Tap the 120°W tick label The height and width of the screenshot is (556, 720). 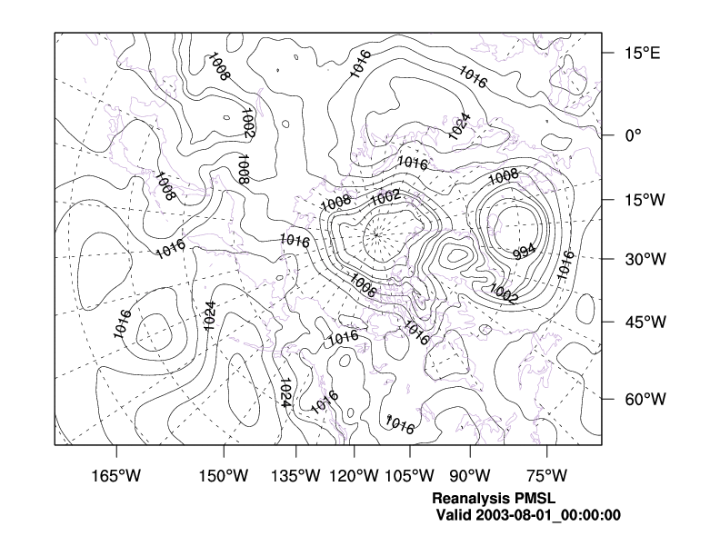[354, 475]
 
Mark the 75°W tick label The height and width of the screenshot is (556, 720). [547, 475]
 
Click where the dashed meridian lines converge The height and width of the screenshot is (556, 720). [375, 234]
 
